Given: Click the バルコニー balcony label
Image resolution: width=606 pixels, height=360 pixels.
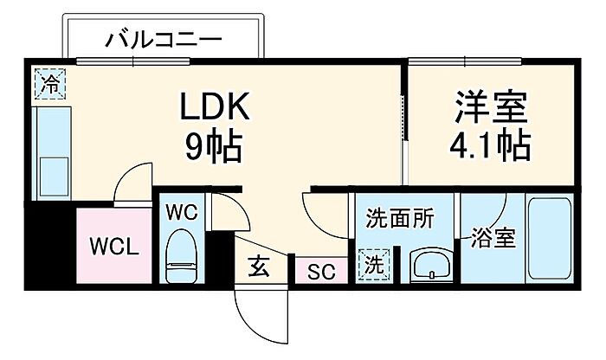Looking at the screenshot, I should [x=164, y=39].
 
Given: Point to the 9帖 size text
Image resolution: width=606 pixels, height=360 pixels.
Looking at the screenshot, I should [x=213, y=147].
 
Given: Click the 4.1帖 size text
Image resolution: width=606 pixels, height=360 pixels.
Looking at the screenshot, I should [x=490, y=147].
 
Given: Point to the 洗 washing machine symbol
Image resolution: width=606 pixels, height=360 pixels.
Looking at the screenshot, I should [x=375, y=265].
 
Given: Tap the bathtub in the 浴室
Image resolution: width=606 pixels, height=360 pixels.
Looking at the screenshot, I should [x=550, y=238].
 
